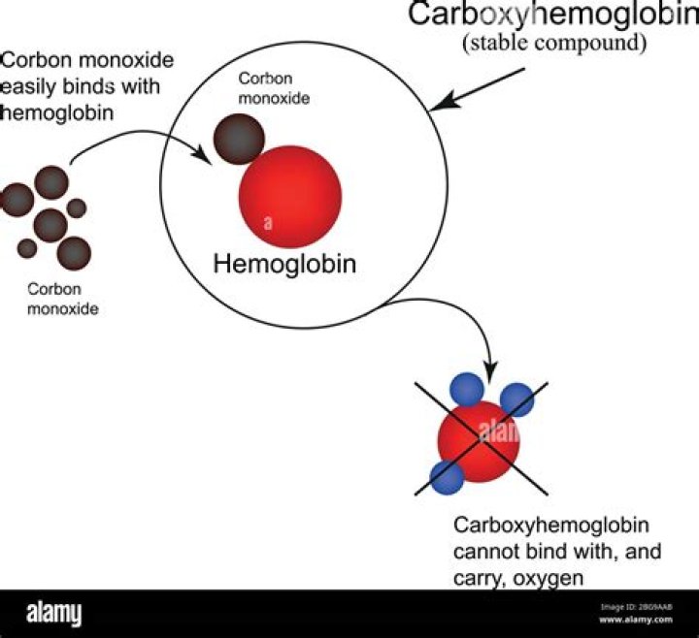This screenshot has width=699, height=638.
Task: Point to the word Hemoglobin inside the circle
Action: click(283, 263)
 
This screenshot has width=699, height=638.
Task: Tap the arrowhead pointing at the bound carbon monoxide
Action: click(205, 153)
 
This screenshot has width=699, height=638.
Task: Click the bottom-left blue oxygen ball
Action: click(447, 476)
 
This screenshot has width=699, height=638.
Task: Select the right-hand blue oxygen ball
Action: click(516, 399)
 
